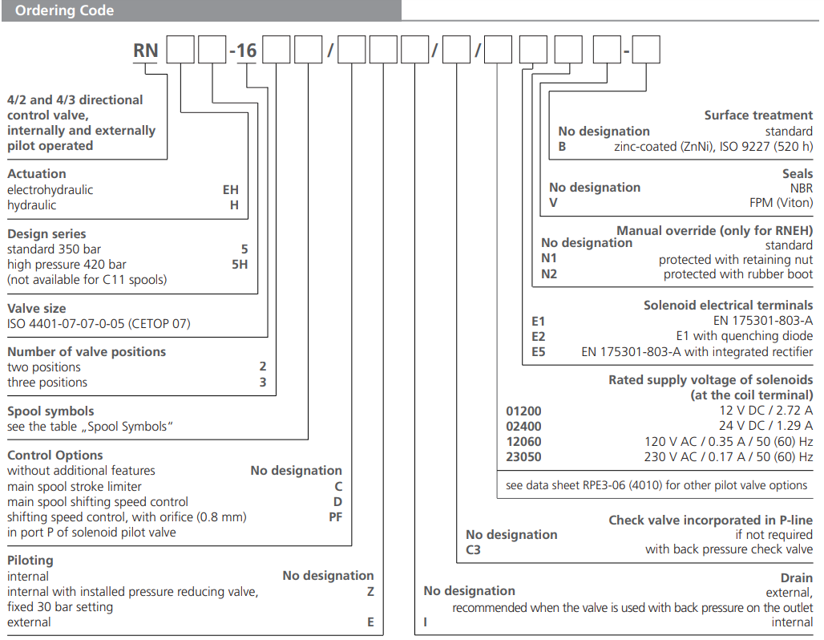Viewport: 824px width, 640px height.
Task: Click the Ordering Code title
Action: (64, 10)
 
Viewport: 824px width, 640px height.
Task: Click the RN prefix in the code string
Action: (146, 51)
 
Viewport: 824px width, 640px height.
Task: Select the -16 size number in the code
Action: (243, 51)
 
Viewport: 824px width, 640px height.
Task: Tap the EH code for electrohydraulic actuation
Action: (231, 190)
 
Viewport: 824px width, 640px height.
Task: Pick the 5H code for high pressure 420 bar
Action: (240, 264)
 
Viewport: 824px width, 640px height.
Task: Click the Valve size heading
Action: (37, 308)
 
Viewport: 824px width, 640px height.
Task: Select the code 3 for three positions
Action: (263, 382)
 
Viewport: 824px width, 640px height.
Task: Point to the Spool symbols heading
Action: (50, 411)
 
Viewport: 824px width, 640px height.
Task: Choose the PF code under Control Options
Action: (335, 516)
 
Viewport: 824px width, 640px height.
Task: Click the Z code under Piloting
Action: (370, 591)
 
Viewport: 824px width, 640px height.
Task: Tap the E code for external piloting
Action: (370, 622)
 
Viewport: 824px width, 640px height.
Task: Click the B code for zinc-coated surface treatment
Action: (563, 147)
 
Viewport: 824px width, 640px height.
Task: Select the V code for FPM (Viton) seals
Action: (553, 203)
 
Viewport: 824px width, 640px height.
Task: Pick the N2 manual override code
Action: (548, 274)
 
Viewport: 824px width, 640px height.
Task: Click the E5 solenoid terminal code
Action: (538, 351)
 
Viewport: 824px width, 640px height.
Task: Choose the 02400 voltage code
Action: (523, 426)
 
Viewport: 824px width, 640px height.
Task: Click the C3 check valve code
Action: (473, 550)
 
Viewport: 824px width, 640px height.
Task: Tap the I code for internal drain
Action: (426, 622)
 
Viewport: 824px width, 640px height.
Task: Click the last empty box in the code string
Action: (646, 51)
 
